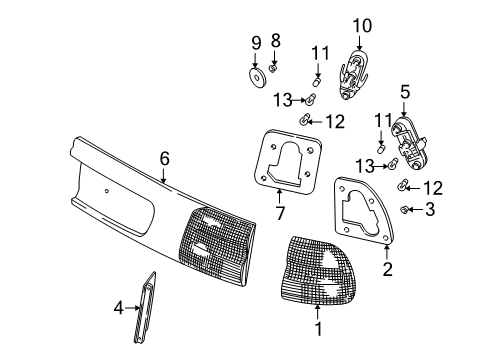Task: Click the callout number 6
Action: click(x=165, y=159)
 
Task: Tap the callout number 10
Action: click(x=362, y=26)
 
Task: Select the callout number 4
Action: click(x=119, y=308)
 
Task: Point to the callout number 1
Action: click(x=319, y=329)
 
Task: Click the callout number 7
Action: click(x=280, y=213)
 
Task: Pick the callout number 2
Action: click(x=387, y=269)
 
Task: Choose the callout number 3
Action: click(x=430, y=209)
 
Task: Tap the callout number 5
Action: click(x=405, y=92)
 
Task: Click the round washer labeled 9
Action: click(x=257, y=78)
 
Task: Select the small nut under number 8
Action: click(x=273, y=69)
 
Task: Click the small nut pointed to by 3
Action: click(x=404, y=209)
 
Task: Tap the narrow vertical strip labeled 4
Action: click(x=145, y=307)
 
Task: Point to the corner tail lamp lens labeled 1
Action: click(x=315, y=270)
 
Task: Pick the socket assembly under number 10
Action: click(x=354, y=74)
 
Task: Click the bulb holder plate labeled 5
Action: click(x=409, y=144)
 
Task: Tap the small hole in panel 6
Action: click(x=106, y=191)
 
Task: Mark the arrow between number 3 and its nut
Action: click(x=416, y=209)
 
